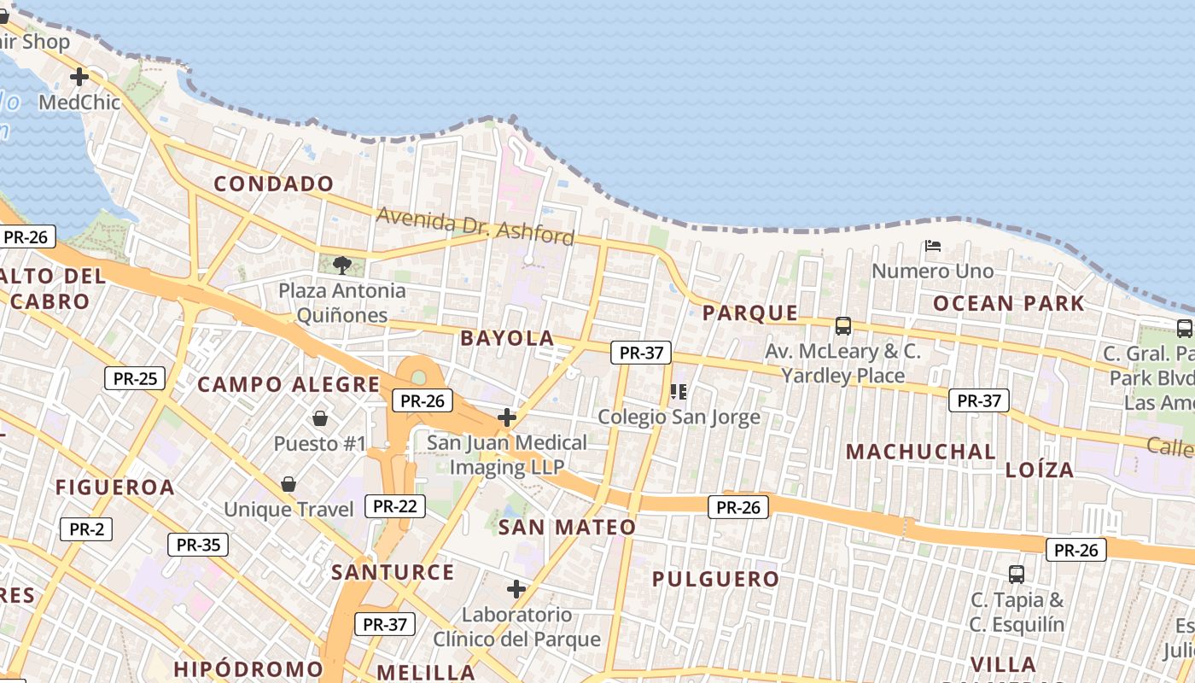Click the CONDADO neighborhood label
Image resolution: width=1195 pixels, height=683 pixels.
click(x=273, y=184)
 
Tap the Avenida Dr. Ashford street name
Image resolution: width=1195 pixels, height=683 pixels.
click(x=475, y=225)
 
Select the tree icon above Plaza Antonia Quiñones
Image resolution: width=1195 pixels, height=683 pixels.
click(x=342, y=265)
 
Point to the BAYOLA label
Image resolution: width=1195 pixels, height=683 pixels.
click(x=507, y=338)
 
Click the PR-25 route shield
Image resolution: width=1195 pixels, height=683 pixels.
click(x=135, y=378)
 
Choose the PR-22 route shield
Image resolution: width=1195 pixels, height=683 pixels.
click(x=395, y=506)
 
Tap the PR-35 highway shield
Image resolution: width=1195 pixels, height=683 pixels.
click(x=198, y=545)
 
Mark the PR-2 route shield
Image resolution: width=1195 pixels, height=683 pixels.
click(x=86, y=529)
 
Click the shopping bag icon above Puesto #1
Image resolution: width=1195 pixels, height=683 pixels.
click(x=320, y=418)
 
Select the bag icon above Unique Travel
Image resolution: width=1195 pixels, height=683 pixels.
click(x=289, y=484)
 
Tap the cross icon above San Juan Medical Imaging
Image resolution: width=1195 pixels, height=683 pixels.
click(x=507, y=417)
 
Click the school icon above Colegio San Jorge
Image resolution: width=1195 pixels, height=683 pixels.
click(x=679, y=392)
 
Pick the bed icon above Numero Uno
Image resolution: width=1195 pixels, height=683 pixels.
click(x=933, y=246)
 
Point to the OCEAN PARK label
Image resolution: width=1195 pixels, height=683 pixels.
click(x=1008, y=303)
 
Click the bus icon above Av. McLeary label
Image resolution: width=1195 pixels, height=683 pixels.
click(x=843, y=325)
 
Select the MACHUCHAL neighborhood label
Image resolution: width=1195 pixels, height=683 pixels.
click(x=920, y=452)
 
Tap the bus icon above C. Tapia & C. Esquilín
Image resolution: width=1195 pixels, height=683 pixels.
click(x=1016, y=574)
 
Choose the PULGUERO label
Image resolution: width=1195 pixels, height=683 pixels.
click(x=715, y=579)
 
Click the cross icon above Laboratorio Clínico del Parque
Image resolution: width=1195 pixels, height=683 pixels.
click(x=516, y=589)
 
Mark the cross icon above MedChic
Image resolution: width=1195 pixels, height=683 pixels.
click(x=79, y=77)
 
